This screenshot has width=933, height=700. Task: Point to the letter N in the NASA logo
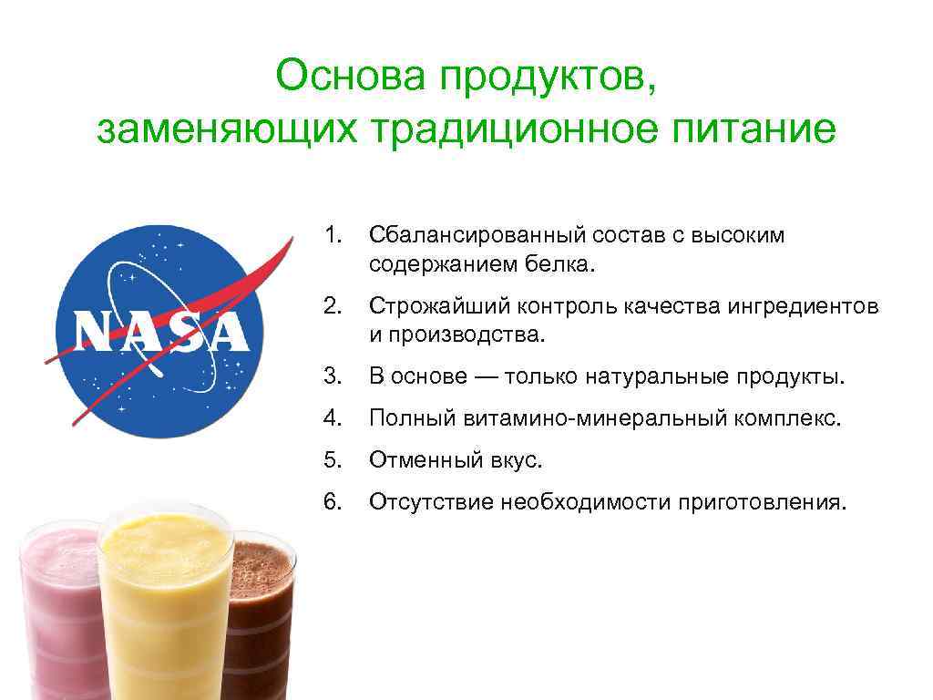[94, 332]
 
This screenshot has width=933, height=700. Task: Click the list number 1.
[331, 235]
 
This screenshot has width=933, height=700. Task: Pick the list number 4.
[332, 418]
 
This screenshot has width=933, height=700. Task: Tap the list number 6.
[332, 502]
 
